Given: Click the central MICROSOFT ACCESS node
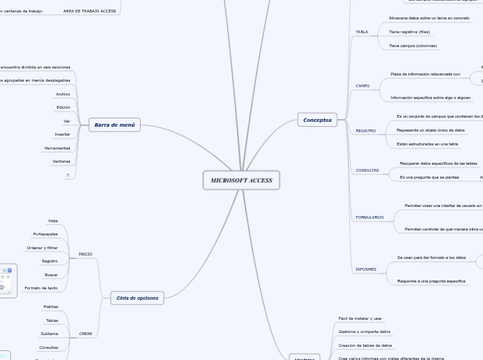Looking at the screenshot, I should click(x=241, y=180).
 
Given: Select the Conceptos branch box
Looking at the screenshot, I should click(x=317, y=120).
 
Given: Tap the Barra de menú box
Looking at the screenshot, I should click(x=114, y=125).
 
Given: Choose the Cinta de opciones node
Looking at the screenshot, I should click(x=137, y=298).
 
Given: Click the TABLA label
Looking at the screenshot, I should click(x=362, y=32).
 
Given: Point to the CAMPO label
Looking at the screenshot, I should click(x=362, y=86).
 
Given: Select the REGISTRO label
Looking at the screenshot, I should click(x=365, y=131).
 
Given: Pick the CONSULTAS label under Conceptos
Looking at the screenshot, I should click(x=367, y=170).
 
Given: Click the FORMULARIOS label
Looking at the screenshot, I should click(x=369, y=217).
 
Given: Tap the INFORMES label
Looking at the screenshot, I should click(x=366, y=269).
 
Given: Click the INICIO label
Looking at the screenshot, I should click(x=85, y=254).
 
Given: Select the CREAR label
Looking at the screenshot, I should click(x=85, y=334).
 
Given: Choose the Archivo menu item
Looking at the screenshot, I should click(x=63, y=94).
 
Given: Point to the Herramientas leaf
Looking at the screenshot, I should click(x=57, y=148).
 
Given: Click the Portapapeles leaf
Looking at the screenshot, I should click(x=45, y=234).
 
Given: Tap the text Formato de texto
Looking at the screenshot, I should click(x=41, y=288).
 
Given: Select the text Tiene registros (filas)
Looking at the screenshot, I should click(x=409, y=32).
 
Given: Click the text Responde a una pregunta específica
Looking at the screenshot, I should click(x=431, y=281).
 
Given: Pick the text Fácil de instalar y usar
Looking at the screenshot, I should click(x=360, y=318).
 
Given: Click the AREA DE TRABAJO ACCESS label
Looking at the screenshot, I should click(x=89, y=11).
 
